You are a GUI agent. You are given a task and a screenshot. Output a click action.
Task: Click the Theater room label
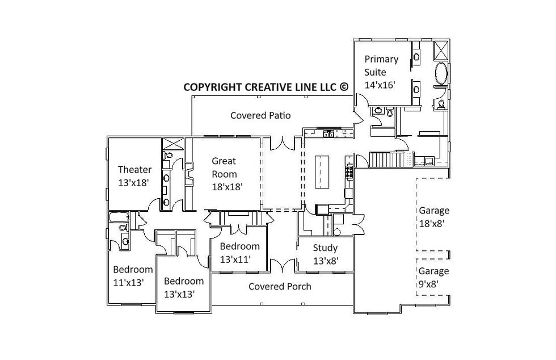pos(134,176)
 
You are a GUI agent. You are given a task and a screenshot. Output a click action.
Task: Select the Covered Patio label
pos(260,115)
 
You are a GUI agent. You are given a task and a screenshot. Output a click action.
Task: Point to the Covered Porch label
pos(280,286)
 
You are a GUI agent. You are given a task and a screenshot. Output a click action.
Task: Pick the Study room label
pos(326,254)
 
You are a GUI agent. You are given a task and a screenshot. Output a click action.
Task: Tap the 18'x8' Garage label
pos(434,217)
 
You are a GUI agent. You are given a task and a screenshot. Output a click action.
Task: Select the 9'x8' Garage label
pos(434,277)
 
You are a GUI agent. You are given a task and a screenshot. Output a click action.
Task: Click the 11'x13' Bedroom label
pos(133,275)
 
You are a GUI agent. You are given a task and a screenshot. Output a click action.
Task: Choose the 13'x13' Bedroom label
pos(183,287)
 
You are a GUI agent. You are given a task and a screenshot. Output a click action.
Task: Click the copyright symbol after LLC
pos(344,87)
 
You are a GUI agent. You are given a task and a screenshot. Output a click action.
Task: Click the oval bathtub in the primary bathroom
pos(441,74)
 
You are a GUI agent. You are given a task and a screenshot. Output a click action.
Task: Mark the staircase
pos(389,160)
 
